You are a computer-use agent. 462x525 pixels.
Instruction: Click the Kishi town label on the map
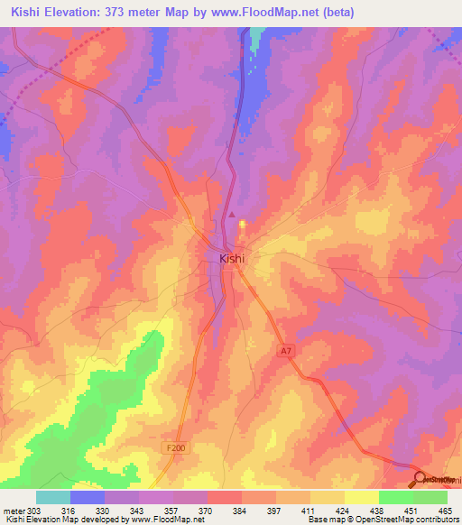(x=233, y=258)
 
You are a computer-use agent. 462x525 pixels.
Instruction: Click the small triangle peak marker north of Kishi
(x=232, y=215)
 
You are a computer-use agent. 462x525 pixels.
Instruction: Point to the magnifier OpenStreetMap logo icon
(x=420, y=478)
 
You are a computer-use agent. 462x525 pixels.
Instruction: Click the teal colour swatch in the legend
(x=53, y=497)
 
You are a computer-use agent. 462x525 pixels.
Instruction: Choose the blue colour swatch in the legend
(x=88, y=497)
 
